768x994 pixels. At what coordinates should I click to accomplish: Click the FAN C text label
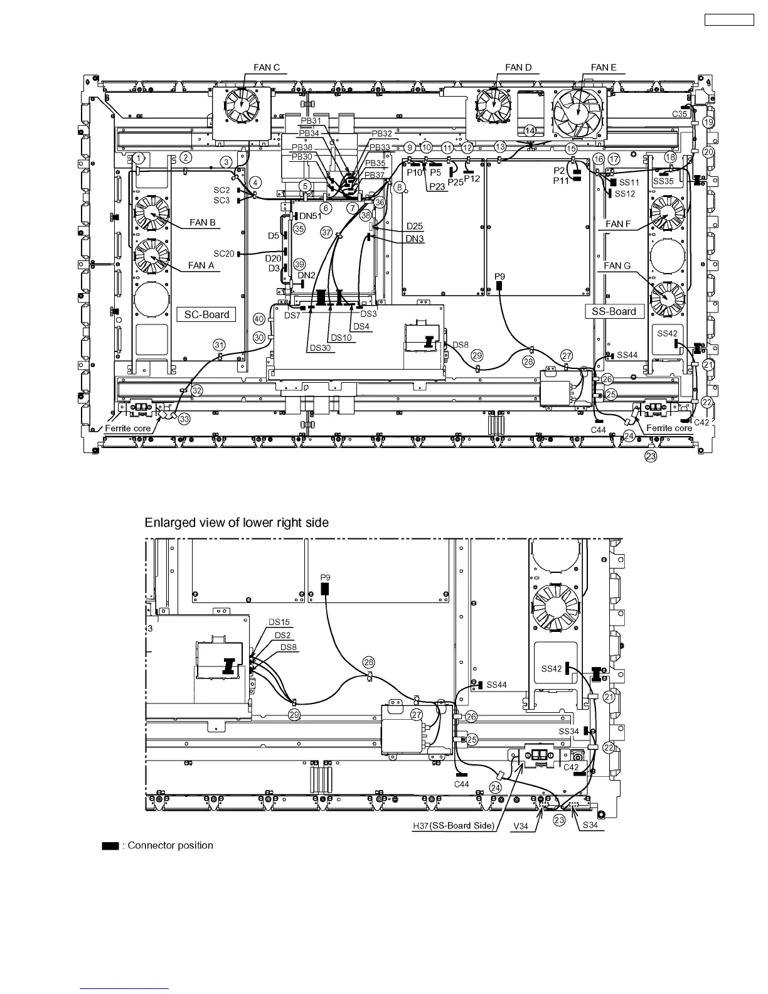pos(267,68)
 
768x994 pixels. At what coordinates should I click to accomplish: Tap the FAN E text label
pos(603,68)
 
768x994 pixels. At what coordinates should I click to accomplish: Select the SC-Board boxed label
pos(206,314)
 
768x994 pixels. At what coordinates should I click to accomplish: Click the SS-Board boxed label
pos(614,311)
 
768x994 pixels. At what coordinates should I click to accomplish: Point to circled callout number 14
pos(530,131)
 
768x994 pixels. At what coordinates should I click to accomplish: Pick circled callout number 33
pos(184,420)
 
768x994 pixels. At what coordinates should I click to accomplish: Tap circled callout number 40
pos(259,319)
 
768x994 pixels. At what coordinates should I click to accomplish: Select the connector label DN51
pos(311,216)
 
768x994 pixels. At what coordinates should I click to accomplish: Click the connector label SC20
pos(223,254)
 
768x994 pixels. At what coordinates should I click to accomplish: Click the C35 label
pos(680,114)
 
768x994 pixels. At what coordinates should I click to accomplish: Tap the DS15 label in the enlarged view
pos(279,622)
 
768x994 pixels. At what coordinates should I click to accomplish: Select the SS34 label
pos(569,731)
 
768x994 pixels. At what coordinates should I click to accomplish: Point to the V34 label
pos(520,826)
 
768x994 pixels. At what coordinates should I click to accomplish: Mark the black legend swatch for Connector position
pos(110,846)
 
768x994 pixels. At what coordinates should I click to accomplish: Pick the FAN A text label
pos(201,265)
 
